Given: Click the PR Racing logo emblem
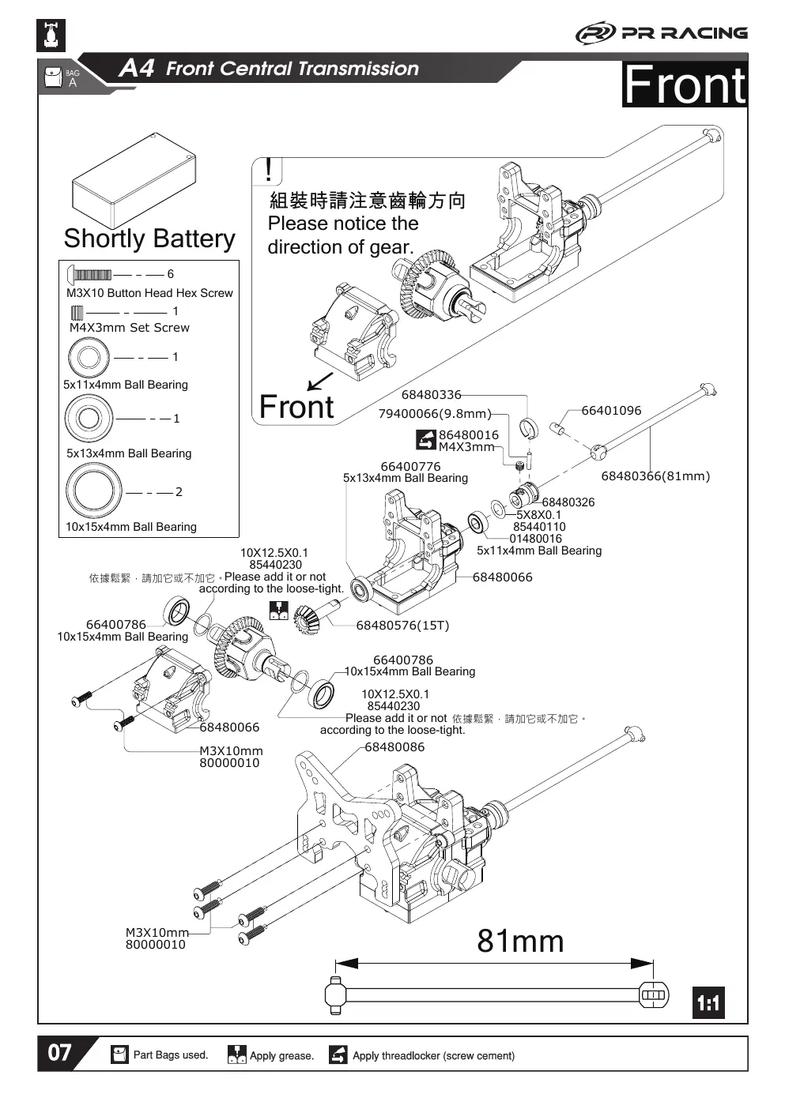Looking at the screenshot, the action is pos(595,34).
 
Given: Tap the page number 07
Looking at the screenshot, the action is pos(59,1053).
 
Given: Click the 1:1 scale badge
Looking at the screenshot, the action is pos(708,1002).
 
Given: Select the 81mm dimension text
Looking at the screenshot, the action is pos(520,942).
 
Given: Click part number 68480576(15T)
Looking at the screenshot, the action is pos(402,626).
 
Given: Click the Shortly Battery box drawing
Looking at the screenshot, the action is pos(134,181).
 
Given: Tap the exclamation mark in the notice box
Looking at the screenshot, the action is pos(268,171).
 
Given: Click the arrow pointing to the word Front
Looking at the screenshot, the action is pos(319,382).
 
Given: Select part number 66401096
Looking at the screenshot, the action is pos(611,411).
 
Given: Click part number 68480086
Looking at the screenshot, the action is pos(394,746).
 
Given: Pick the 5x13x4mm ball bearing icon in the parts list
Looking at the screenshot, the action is pos(89,419).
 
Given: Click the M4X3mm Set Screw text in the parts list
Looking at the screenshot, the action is pos(130,327).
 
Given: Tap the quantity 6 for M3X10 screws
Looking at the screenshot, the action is pos(171,274).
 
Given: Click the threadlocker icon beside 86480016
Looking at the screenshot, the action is pos(426,440).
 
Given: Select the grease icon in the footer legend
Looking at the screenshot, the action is pos(237,1054).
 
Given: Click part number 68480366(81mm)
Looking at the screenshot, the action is pos(655,476).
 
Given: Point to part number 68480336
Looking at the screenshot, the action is pos(431,395).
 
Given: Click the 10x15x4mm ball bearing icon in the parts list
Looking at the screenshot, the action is pos(93,491).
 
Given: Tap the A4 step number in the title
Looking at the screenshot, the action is pos(137,68).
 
